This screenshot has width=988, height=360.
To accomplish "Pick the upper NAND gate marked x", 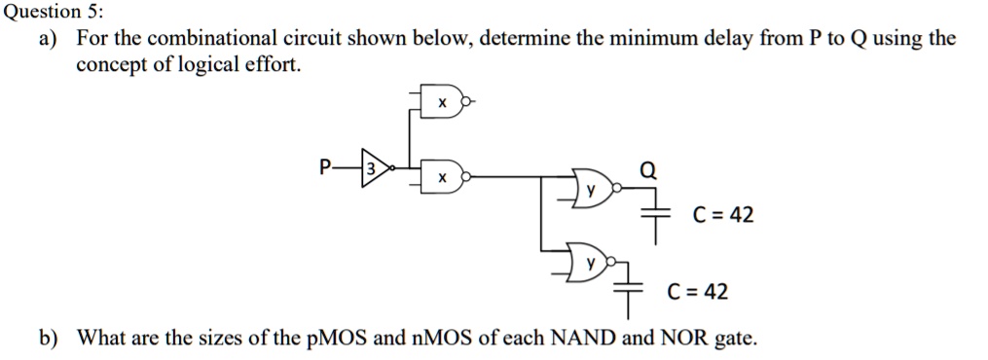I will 443,101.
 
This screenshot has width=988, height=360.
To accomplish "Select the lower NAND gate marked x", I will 443,178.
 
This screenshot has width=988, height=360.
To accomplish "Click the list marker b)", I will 48,339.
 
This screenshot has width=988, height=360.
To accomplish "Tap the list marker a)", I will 48,40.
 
